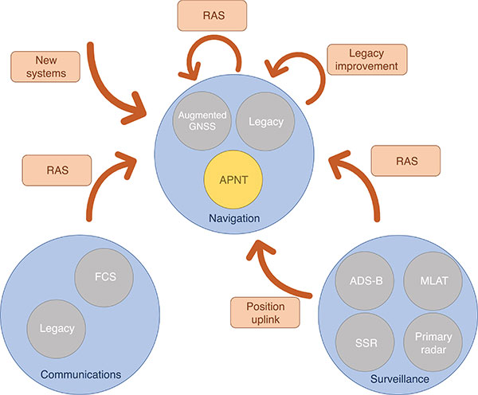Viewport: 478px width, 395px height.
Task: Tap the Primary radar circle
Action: pyautogui.click(x=431, y=342)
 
